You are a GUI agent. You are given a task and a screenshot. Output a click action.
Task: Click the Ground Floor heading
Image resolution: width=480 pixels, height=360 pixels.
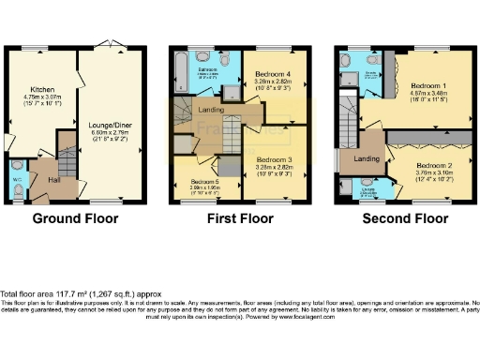click(75, 219)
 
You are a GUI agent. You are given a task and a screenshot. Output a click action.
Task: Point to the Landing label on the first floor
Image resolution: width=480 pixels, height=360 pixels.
click(213, 111)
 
